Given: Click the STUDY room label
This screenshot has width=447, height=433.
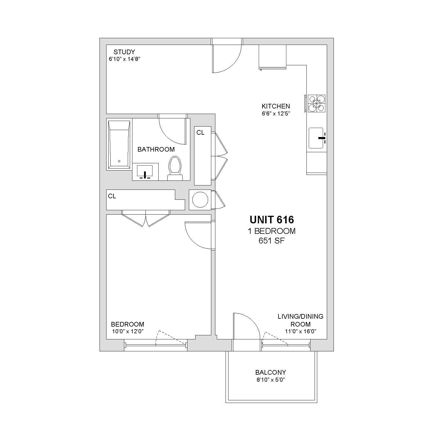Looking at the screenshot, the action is [124, 52].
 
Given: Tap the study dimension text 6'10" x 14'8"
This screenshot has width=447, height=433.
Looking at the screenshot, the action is [125, 59].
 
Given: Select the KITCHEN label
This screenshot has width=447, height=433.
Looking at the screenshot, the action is [276, 106].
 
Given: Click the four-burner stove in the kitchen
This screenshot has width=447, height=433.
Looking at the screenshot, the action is [317, 103].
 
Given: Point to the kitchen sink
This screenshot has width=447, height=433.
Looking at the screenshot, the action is [316, 138].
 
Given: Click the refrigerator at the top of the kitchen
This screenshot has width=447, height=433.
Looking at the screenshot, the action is [273, 57].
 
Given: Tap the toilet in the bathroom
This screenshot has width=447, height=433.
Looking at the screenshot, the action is [175, 168].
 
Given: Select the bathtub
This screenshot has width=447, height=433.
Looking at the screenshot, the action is [119, 144].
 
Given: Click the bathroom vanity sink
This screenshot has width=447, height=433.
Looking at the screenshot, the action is [145, 172].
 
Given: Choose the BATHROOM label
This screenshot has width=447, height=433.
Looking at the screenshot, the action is [156, 149].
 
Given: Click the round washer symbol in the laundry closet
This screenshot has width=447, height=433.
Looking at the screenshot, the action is [200, 200].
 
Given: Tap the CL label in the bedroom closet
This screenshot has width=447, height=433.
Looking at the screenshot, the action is [112, 196].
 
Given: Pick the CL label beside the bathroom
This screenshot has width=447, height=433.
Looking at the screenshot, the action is [200, 132].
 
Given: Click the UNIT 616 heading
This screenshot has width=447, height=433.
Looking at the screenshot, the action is [272, 220].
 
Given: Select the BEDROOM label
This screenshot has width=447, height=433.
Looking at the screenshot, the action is [127, 324].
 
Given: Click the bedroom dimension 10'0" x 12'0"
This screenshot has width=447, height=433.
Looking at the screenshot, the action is [128, 331].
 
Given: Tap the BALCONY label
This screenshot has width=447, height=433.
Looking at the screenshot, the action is [271, 372].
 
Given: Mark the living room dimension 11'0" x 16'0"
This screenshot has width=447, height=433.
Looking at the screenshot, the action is [301, 331].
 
